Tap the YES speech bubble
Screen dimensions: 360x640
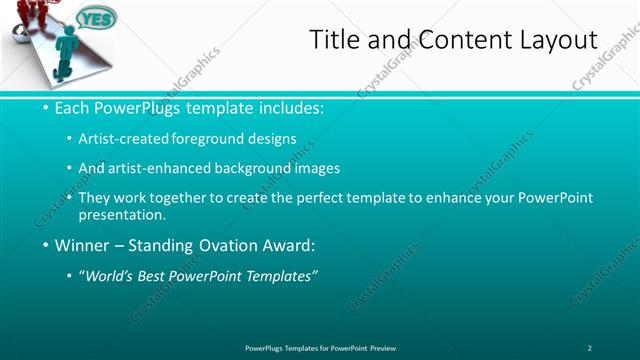click(x=96, y=18)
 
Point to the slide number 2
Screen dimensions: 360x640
click(x=589, y=347)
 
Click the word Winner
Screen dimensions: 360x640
click(x=84, y=245)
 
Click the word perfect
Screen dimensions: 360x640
click(x=306, y=198)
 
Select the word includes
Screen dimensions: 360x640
click(x=288, y=107)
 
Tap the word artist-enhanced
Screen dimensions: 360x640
click(x=173, y=168)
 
